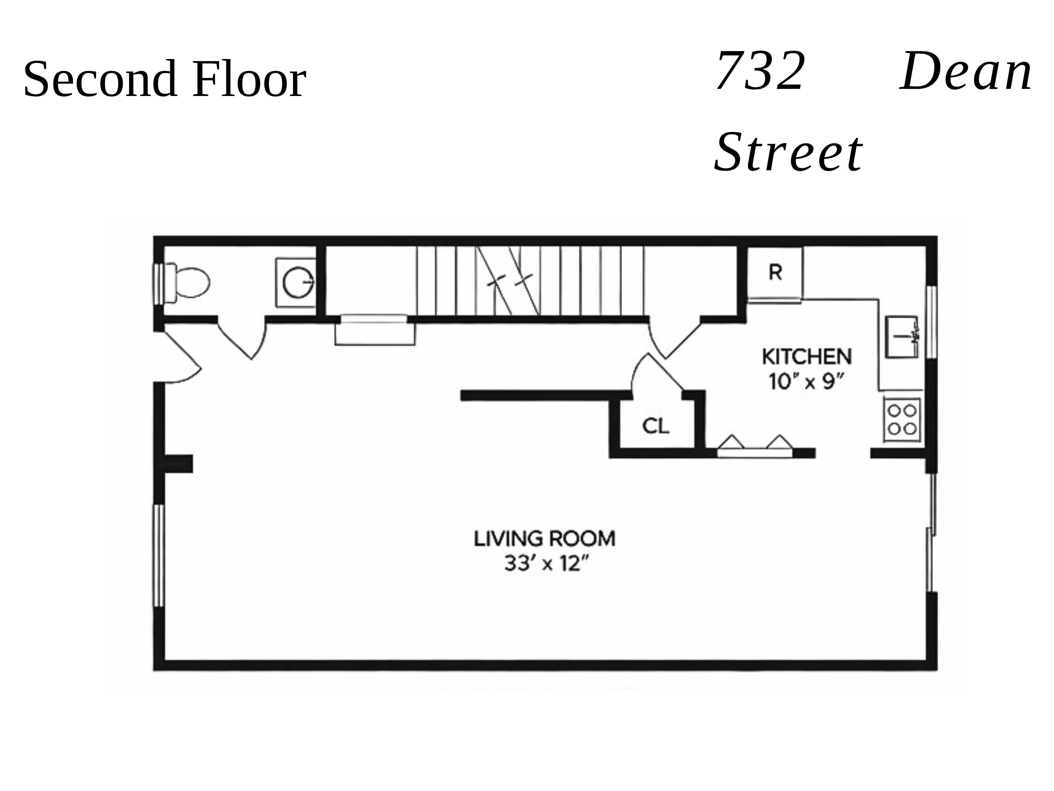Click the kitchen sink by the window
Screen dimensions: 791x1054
[x=901, y=337]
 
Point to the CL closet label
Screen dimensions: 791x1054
[x=656, y=426]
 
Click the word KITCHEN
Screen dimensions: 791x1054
[x=807, y=357]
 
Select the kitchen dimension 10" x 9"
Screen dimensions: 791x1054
[x=807, y=382]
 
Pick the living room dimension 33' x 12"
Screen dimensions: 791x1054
[x=544, y=564]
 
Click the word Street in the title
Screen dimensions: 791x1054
[x=789, y=153]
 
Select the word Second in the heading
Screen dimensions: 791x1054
[x=98, y=79]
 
